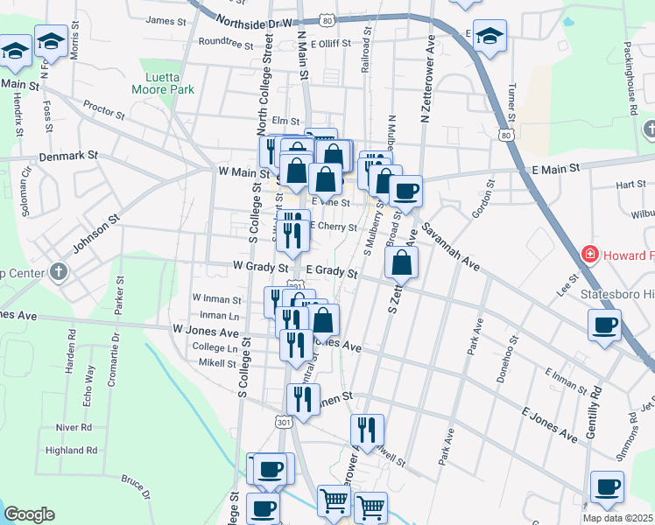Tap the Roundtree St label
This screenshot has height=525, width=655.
[226, 41]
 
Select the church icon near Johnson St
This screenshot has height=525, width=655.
[60, 271]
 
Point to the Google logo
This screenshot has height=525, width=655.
[29, 514]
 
